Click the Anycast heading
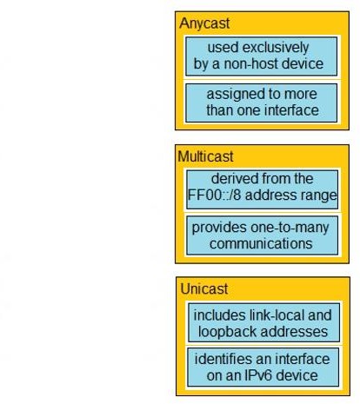[x=204, y=23]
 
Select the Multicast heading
[x=205, y=156]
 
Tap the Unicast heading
[x=204, y=288]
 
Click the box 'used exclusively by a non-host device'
[x=261, y=56]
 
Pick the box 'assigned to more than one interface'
[x=261, y=103]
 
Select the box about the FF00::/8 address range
[x=262, y=189]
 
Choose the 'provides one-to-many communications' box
[x=262, y=235]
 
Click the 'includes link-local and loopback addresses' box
[x=263, y=322]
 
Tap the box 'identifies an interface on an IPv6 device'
[x=263, y=368]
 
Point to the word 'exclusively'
[x=276, y=48]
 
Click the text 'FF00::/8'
[x=214, y=195]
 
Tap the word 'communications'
[x=261, y=243]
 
